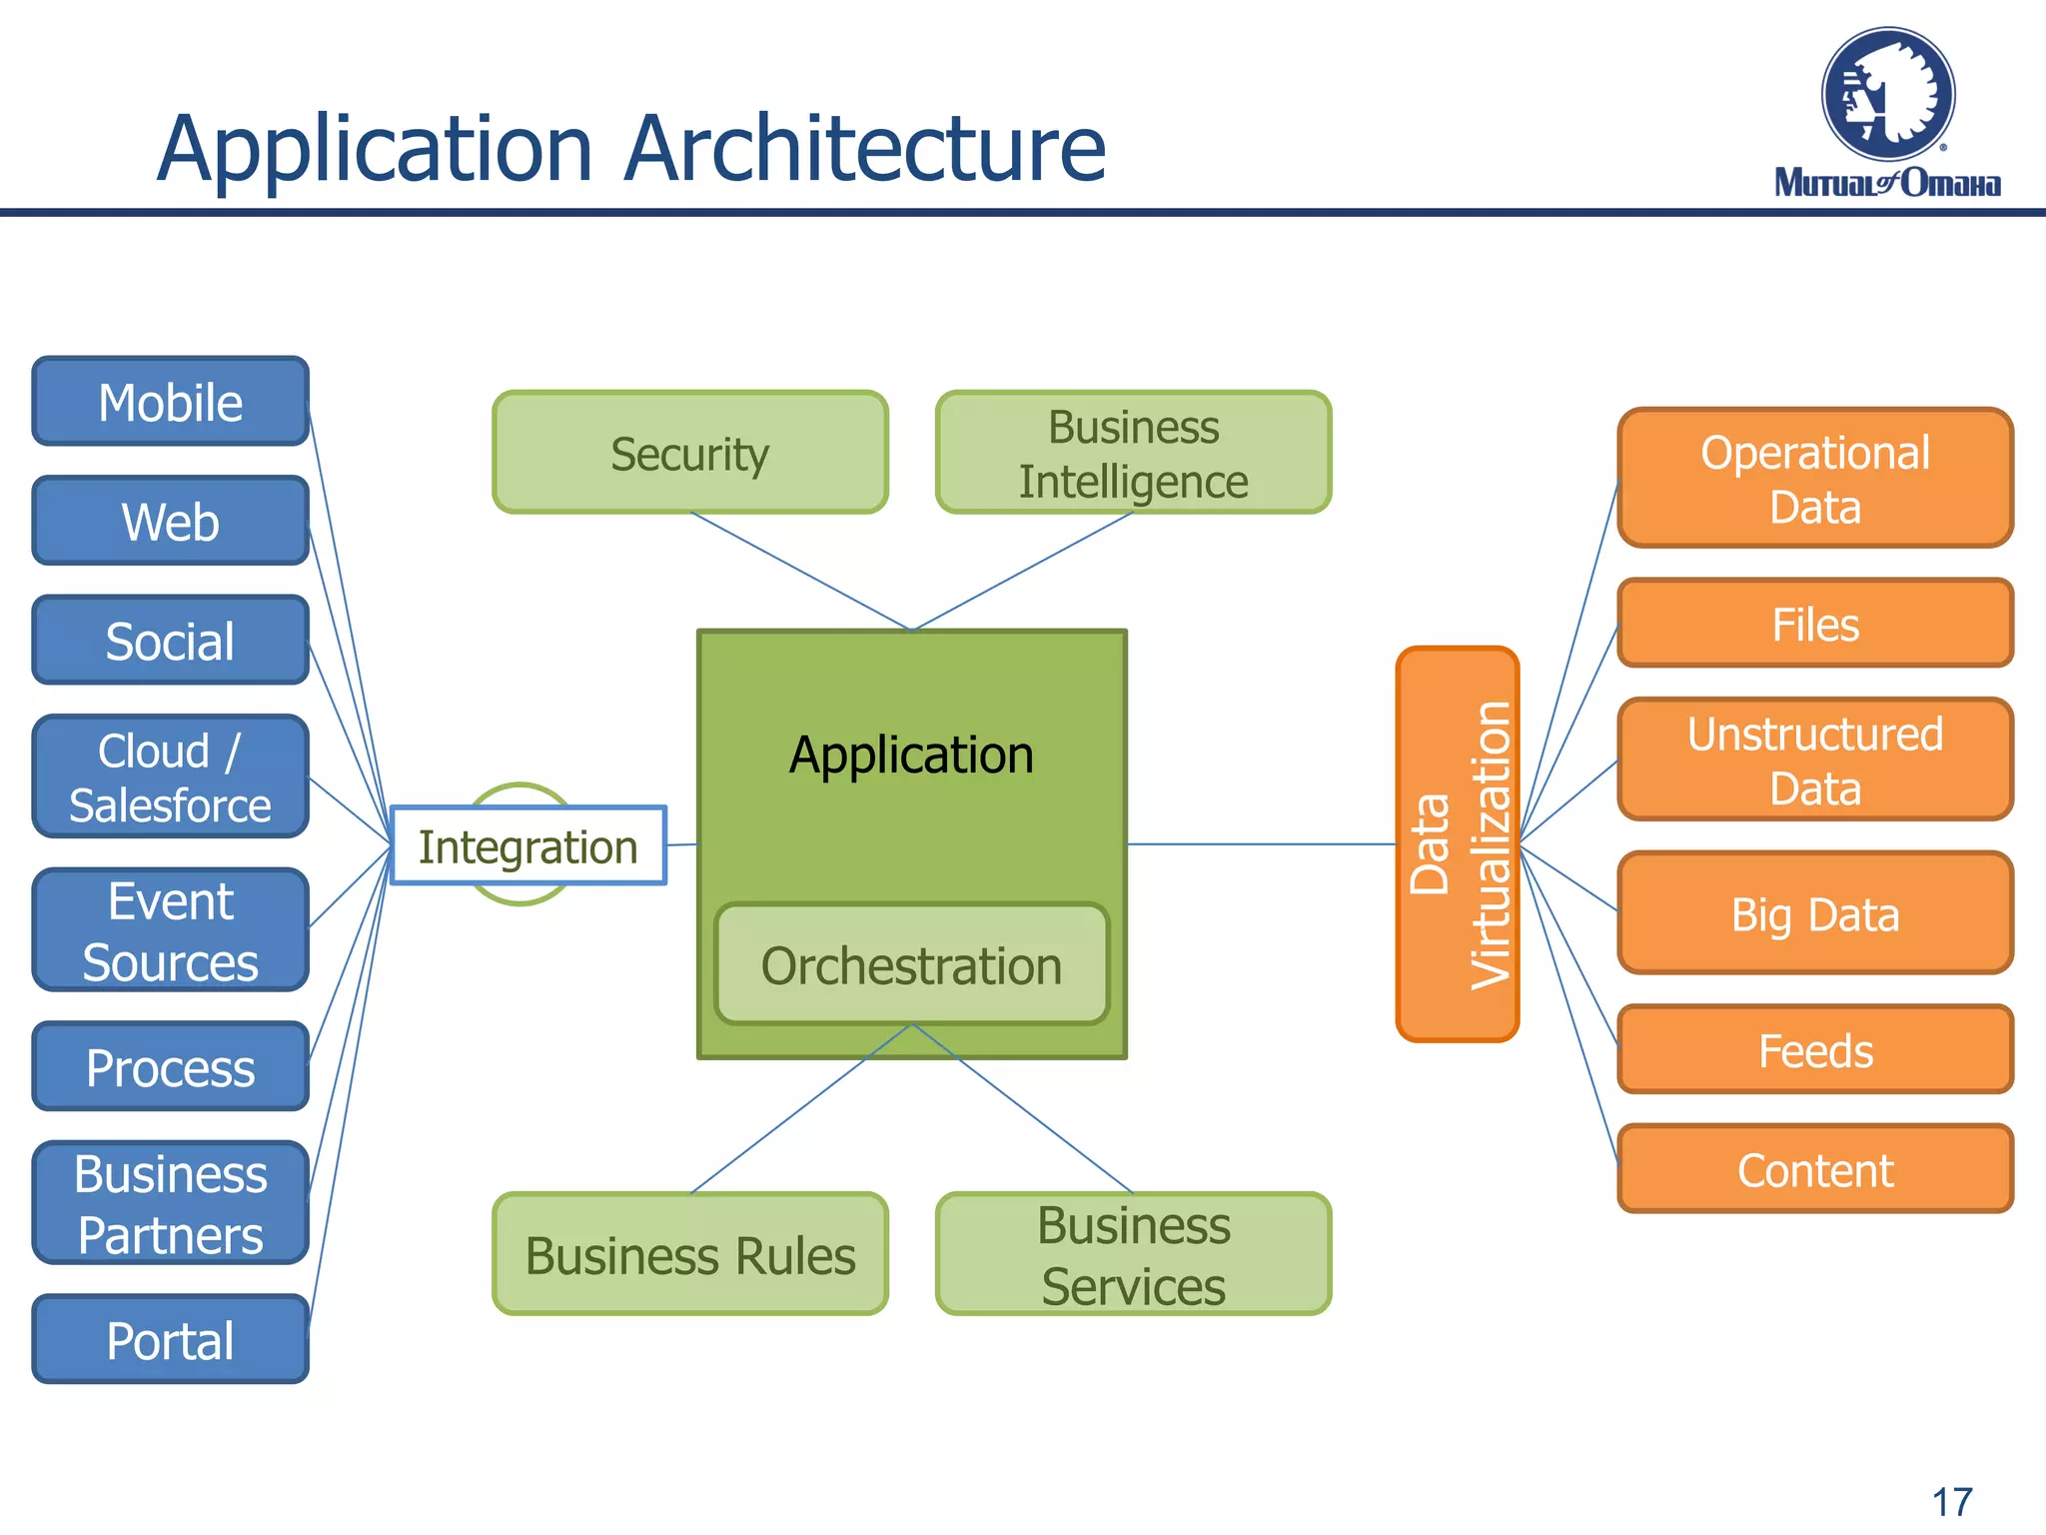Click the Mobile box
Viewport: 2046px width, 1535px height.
170,402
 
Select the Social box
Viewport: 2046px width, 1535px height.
170,641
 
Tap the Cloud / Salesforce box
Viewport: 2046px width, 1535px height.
170,776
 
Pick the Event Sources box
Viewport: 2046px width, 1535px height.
170,930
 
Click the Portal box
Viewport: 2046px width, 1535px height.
170,1339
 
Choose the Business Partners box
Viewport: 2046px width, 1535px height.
170,1203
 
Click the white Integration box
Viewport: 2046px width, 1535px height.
527,846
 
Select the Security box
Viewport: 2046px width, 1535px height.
689,453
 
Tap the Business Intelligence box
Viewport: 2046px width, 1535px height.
1133,453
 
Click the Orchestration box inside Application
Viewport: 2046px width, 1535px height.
911,965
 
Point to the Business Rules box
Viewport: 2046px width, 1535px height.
689,1254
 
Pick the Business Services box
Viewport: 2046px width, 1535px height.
1133,1254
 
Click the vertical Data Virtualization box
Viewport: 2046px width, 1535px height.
1457,844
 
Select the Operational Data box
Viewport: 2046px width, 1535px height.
1814,479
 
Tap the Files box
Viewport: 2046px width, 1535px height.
1814,624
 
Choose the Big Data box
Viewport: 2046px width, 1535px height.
1814,913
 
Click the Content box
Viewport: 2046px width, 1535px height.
1814,1169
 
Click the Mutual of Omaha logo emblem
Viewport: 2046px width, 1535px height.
1887,95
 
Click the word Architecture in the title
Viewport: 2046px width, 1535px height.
865,149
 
